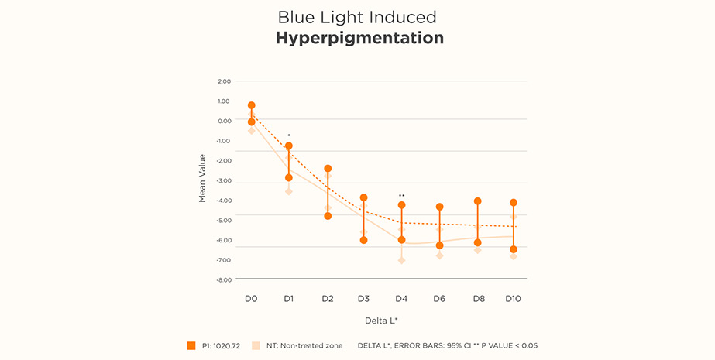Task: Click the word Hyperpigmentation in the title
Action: click(359, 38)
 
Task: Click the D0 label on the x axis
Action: click(251, 298)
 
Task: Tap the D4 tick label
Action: click(401, 298)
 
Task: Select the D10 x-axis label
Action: click(513, 298)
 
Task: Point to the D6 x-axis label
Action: click(439, 298)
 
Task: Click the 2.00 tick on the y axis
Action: click(224, 81)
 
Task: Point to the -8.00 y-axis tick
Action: click(223, 279)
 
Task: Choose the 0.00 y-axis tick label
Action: click(224, 121)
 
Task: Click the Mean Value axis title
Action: click(202, 178)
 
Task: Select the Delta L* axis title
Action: click(381, 320)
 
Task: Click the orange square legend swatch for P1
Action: click(191, 345)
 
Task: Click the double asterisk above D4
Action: click(401, 196)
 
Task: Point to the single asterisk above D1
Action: click(289, 135)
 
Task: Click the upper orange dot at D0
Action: click(251, 105)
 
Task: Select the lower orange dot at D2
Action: click(328, 216)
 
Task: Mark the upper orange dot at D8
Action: click(478, 201)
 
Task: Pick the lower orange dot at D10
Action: click(513, 249)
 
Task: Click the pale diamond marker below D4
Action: click(401, 260)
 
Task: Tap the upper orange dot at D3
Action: click(363, 198)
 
